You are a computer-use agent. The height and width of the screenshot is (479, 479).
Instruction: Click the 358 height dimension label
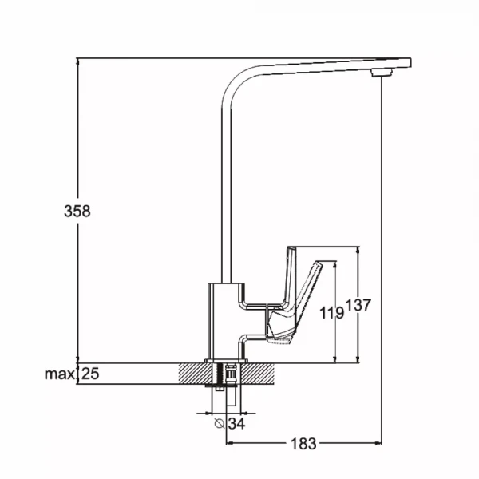click(x=77, y=211)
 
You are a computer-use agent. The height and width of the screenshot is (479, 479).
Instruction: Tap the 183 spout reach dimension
click(x=303, y=444)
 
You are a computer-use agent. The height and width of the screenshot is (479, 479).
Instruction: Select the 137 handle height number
click(x=358, y=305)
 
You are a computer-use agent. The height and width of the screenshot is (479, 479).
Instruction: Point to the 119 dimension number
click(x=332, y=312)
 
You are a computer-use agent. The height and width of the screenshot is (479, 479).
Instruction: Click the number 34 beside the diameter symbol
click(x=236, y=424)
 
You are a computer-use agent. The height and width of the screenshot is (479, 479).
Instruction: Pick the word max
click(x=60, y=374)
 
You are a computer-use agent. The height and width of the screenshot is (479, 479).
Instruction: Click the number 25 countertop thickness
click(x=90, y=374)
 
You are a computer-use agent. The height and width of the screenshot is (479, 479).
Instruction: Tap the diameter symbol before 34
click(x=220, y=424)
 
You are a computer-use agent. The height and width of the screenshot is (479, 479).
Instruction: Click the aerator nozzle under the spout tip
click(x=382, y=73)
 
